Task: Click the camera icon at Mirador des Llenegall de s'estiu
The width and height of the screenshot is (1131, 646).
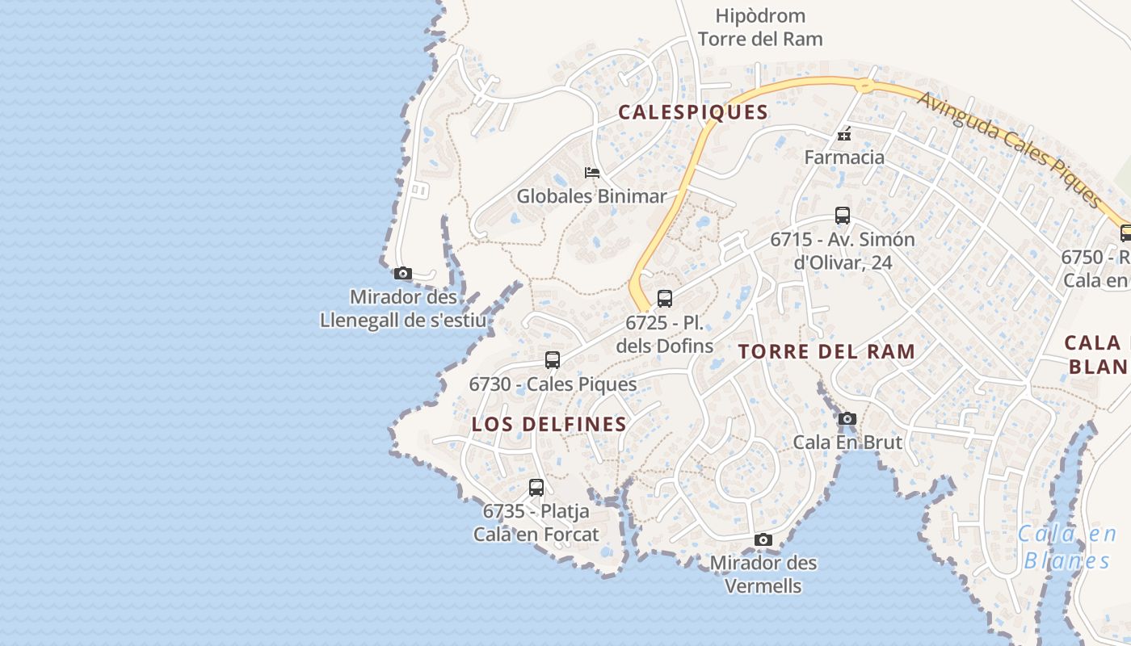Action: point(403,274)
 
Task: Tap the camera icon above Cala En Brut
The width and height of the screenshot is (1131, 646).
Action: point(847,418)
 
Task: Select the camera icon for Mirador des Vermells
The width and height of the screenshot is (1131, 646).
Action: point(763,539)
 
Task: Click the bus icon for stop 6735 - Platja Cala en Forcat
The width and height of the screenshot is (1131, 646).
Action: point(536,488)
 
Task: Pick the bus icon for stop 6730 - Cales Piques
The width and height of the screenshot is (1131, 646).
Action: point(553,360)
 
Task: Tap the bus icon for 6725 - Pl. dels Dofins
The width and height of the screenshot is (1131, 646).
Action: point(665,299)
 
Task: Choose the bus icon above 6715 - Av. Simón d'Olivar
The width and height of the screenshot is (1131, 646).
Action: point(843,216)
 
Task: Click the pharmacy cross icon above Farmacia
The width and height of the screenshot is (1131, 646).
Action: point(844,134)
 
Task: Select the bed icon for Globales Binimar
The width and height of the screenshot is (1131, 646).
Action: point(592,172)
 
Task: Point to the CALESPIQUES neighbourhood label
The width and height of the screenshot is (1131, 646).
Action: point(693,112)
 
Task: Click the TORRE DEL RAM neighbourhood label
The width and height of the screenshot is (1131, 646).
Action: point(826,351)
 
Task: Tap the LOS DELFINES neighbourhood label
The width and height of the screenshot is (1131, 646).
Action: point(549,424)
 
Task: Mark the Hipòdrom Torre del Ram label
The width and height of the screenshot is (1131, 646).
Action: point(760,27)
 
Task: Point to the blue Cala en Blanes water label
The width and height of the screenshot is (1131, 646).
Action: point(1066,547)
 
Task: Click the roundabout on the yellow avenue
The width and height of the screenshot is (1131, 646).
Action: point(864,84)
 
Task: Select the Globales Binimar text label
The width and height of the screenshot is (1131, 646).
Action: point(591,195)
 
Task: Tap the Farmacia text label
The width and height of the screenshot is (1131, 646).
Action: point(844,157)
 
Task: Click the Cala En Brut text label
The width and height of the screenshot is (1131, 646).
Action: point(847,442)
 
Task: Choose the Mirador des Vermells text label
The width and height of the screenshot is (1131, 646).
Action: point(763,574)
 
